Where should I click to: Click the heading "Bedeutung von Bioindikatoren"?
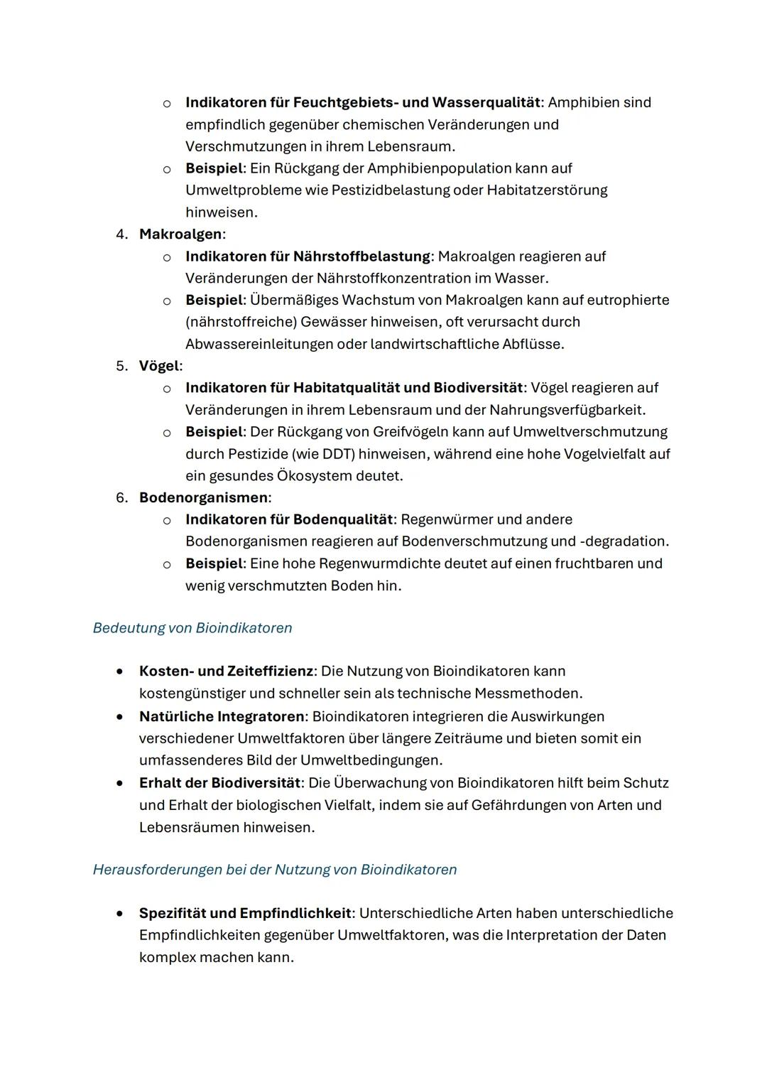click(x=192, y=628)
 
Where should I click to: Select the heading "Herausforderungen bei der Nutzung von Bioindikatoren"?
click(x=274, y=870)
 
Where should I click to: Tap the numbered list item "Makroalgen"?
click(x=180, y=234)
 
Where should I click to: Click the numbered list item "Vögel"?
click(x=159, y=366)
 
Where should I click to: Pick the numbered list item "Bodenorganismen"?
click(x=203, y=497)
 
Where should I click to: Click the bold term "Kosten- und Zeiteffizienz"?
click(x=225, y=671)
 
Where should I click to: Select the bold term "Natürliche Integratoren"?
click(x=222, y=716)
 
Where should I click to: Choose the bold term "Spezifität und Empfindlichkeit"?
click(x=244, y=913)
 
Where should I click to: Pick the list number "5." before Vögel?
click(x=122, y=366)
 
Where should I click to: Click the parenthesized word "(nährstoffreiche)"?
click(x=241, y=322)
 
